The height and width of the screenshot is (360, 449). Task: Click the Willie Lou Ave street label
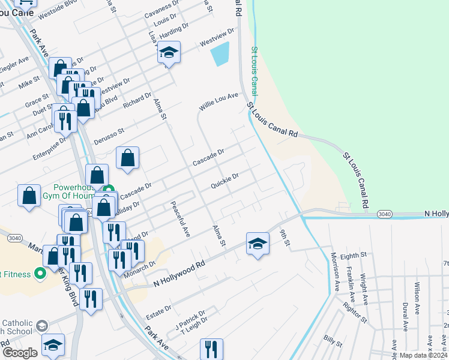point(219,101)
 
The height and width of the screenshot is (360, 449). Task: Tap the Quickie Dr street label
point(225,180)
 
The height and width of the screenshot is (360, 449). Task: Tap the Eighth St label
point(353,256)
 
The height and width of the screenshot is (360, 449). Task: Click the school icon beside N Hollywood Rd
point(257,244)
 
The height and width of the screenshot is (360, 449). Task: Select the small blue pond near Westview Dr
point(220,54)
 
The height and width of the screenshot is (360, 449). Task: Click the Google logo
point(20,353)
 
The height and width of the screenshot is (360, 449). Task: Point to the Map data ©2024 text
point(423,355)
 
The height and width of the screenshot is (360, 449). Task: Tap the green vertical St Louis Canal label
point(254,71)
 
